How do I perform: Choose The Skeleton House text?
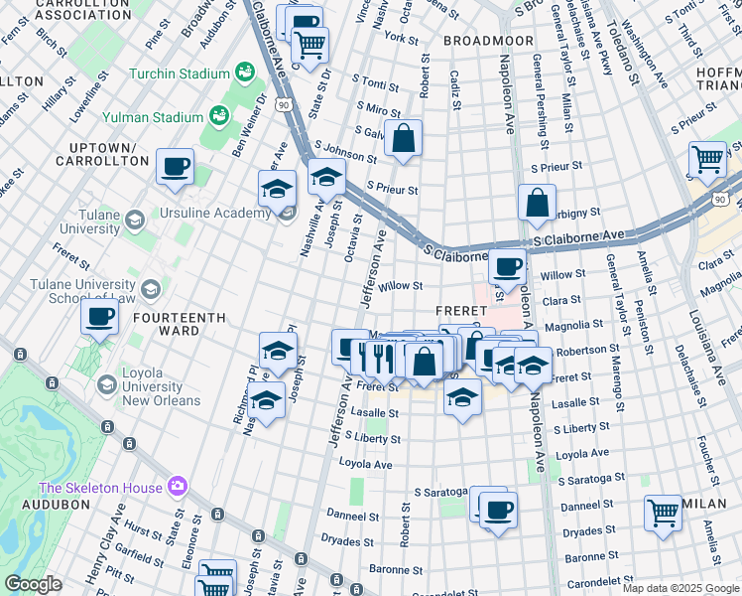click(100, 487)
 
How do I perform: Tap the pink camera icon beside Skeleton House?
click(178, 486)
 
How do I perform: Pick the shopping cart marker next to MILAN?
click(663, 514)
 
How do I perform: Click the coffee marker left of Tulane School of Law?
click(99, 318)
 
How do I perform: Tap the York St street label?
click(402, 38)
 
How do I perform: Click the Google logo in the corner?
click(33, 584)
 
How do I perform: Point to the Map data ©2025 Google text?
click(680, 588)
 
